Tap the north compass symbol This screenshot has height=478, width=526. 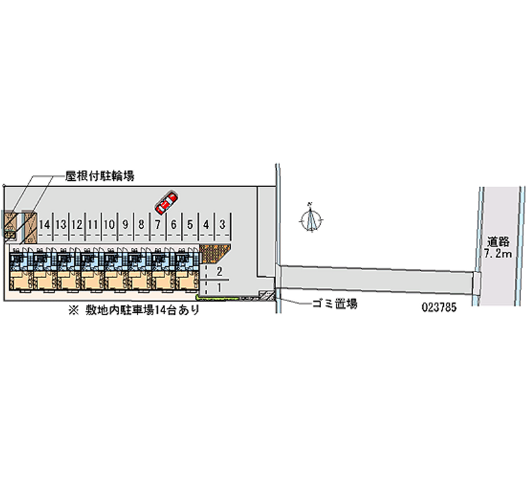(x=313, y=218)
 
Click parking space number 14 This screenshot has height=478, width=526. (x=45, y=225)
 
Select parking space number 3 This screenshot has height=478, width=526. (x=223, y=225)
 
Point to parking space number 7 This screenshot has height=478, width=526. (x=158, y=225)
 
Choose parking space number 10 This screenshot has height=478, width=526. (x=109, y=225)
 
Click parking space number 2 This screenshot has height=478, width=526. (x=219, y=272)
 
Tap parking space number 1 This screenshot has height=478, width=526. (x=219, y=287)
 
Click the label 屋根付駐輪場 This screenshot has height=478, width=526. (x=100, y=176)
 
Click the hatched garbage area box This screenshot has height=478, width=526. (x=267, y=295)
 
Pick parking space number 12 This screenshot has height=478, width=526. (x=77, y=225)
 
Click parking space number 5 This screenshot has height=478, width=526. (x=190, y=225)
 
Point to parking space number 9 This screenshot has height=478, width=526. (x=125, y=225)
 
